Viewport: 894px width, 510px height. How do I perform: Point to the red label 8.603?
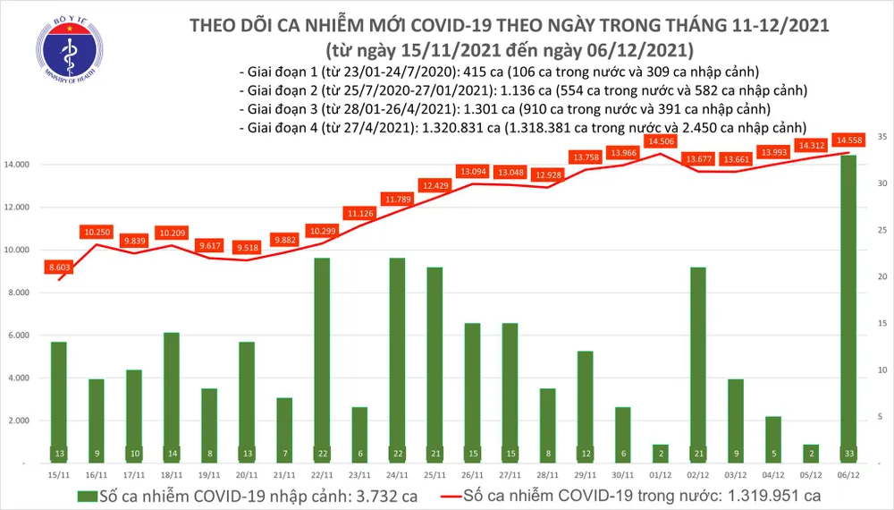59,267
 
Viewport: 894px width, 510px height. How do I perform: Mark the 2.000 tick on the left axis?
33,421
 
